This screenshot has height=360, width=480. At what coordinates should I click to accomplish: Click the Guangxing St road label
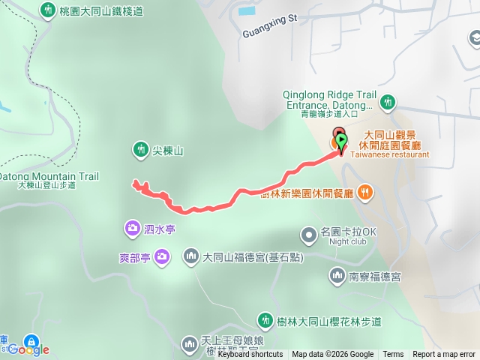tap(271, 34)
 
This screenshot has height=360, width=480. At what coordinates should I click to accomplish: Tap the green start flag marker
tap(341, 140)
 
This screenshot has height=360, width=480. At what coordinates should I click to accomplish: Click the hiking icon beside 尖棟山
tap(140, 150)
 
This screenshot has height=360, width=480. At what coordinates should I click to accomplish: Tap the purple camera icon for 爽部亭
tap(163, 257)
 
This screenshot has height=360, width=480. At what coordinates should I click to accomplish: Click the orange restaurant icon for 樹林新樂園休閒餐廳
tap(364, 191)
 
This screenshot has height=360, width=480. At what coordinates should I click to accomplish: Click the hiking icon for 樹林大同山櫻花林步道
tap(264, 321)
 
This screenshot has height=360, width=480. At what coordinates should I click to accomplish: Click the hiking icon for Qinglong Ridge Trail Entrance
tap(388, 101)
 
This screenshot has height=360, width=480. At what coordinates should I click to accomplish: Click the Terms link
tap(393, 355)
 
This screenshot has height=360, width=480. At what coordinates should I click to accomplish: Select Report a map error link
tap(444, 355)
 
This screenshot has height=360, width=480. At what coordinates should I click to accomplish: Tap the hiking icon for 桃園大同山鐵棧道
tap(49, 11)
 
